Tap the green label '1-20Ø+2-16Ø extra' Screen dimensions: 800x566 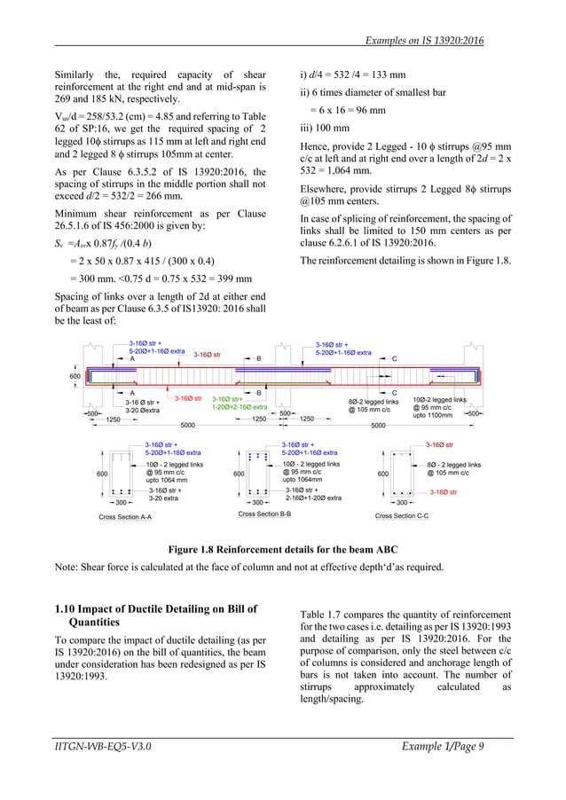pyautogui.click(x=240, y=406)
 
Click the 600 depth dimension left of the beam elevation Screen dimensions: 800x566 pyautogui.click(x=75, y=376)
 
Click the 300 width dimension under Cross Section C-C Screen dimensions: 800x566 pyautogui.click(x=402, y=503)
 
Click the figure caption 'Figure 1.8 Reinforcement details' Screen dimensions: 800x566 pyautogui.click(x=283, y=550)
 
